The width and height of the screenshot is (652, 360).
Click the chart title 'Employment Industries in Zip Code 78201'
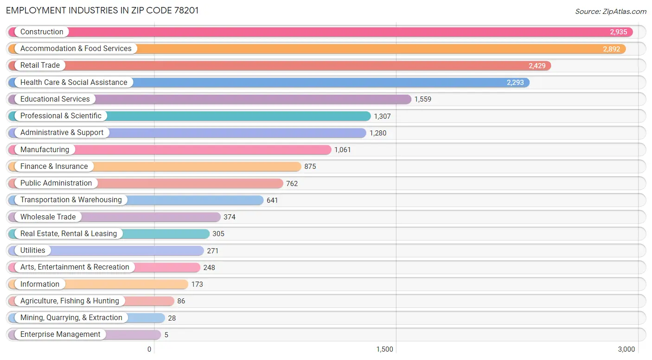(102, 11)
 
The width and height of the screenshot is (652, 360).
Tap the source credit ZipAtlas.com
(610, 11)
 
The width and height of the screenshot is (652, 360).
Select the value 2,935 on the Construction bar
(618, 32)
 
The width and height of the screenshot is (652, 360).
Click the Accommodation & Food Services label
(76, 49)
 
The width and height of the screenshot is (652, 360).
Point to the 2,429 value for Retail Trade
(537, 66)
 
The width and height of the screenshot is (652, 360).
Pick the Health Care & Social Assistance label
(73, 83)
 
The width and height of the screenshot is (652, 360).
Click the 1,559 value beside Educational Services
(422, 99)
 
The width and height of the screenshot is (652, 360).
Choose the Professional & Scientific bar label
(61, 116)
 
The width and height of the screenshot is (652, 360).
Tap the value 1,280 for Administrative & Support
(377, 133)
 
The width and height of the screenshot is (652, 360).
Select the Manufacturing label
(45, 150)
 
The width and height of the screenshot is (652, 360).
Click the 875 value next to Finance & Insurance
(310, 167)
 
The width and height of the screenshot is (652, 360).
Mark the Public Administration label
(56, 183)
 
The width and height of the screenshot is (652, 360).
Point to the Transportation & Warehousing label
(71, 200)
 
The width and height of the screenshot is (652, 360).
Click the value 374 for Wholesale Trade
(229, 217)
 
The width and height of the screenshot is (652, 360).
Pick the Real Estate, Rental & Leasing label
(68, 234)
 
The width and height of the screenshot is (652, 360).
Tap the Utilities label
(32, 251)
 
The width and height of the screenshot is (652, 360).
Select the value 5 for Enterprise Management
(166, 335)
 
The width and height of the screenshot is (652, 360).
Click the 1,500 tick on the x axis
(384, 349)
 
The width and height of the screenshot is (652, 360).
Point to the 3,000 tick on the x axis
(626, 349)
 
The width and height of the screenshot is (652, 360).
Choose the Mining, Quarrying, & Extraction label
(71, 318)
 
